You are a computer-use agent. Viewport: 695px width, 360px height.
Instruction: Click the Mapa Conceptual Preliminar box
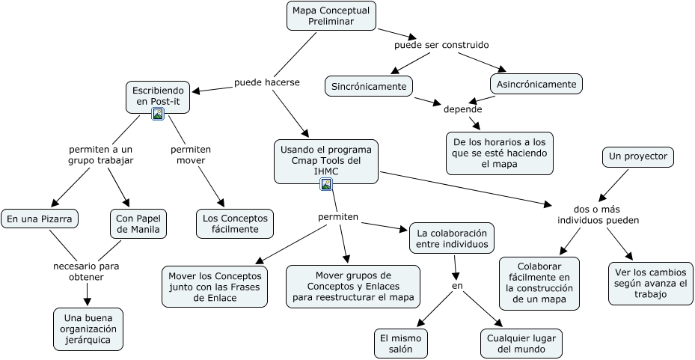331,16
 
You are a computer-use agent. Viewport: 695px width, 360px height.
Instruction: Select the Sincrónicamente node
370,86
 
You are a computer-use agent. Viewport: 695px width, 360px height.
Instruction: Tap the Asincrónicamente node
536,84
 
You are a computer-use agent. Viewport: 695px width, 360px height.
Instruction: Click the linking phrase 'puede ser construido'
441,45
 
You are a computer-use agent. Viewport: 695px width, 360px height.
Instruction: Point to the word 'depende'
462,109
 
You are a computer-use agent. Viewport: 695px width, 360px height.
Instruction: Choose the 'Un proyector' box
637,157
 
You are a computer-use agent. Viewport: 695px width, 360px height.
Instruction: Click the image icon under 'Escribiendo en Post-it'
158,114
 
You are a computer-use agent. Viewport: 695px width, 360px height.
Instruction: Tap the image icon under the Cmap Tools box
325,184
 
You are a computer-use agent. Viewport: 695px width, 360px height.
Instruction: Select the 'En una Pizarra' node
40,219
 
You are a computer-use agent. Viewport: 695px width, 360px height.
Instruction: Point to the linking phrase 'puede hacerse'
267,82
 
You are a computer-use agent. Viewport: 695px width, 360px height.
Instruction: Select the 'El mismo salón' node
402,343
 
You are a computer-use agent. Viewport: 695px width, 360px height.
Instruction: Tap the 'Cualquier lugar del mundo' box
521,343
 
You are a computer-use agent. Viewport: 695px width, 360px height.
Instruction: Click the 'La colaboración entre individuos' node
452,237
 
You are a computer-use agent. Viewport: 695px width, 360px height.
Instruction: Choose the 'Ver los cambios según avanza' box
649,283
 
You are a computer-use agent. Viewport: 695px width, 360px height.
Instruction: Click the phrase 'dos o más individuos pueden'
598,214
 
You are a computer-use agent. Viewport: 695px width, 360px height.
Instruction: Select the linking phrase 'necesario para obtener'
86,271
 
